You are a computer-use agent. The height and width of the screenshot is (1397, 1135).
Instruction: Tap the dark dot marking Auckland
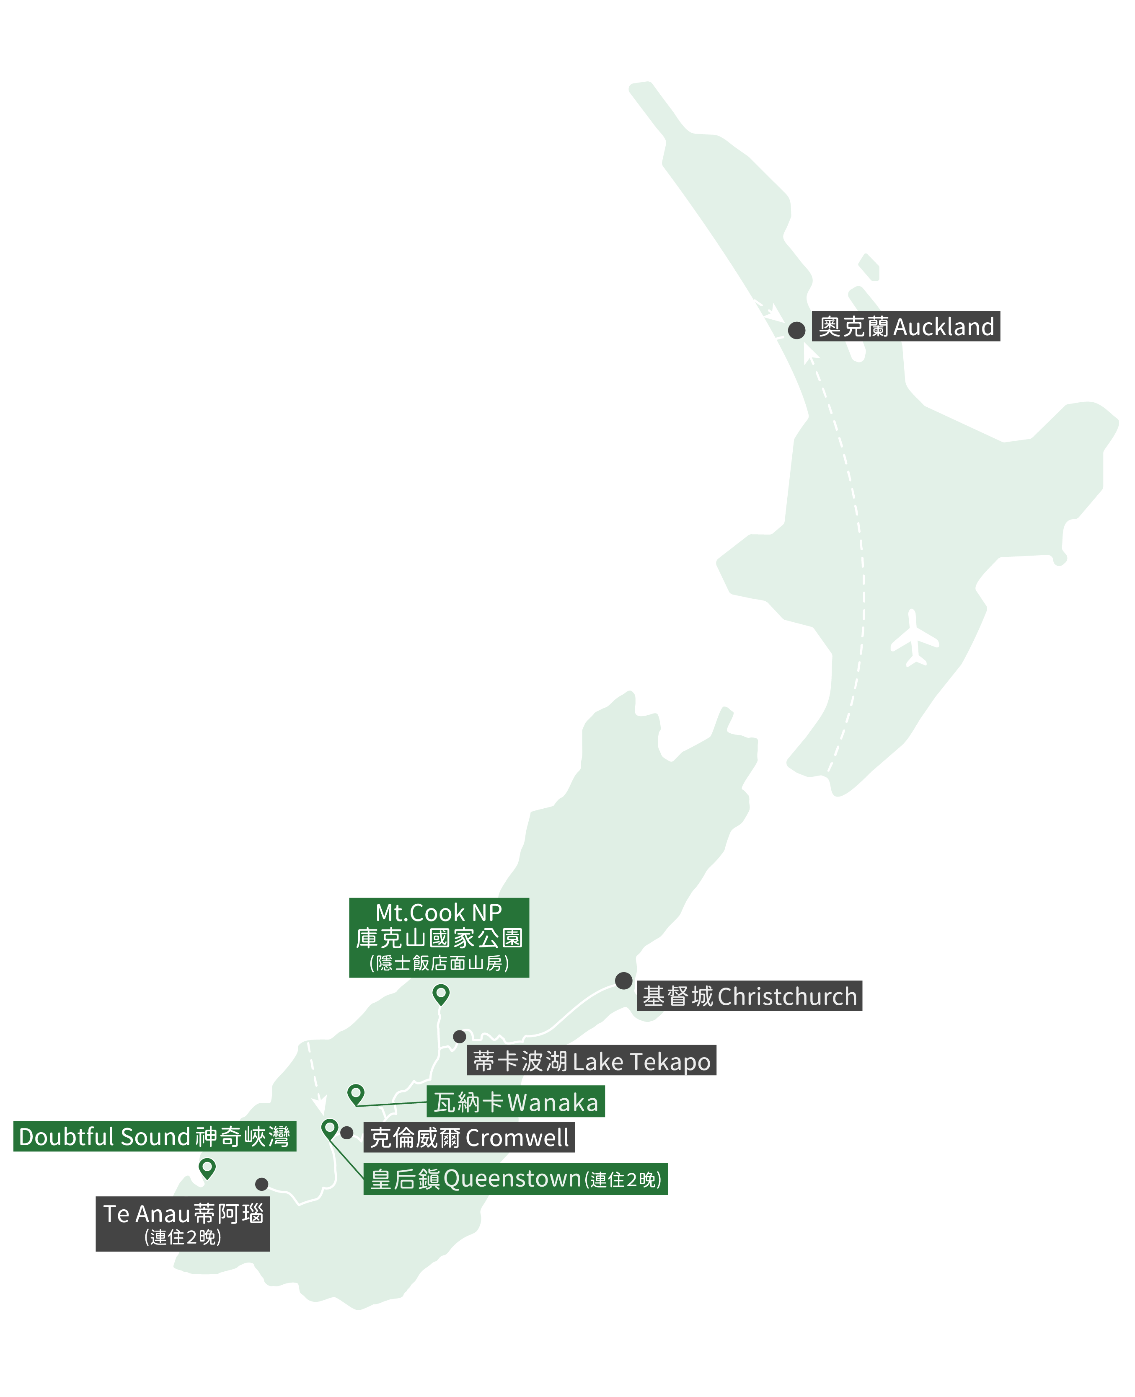tap(796, 330)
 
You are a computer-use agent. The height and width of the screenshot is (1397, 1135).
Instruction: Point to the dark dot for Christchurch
tap(624, 980)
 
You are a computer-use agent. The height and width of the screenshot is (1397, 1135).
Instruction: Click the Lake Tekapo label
tap(592, 1061)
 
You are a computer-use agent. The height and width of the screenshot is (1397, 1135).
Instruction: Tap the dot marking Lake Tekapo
tap(460, 1037)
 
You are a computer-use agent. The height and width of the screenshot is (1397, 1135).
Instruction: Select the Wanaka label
tap(516, 1102)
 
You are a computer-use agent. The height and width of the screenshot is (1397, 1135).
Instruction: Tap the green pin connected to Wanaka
tap(356, 1093)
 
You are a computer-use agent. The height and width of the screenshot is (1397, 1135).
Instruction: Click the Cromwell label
tap(469, 1138)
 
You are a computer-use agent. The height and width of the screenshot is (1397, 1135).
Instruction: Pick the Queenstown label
tap(516, 1179)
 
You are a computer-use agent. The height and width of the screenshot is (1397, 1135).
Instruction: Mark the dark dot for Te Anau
tap(261, 1184)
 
